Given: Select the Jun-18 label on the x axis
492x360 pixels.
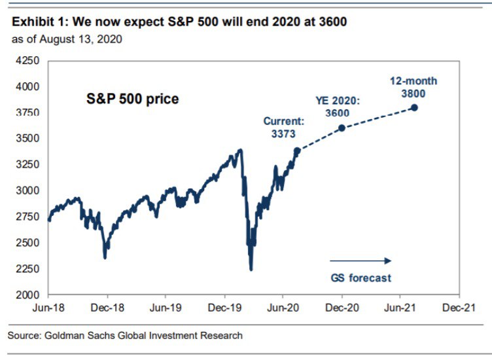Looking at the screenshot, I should (48, 307).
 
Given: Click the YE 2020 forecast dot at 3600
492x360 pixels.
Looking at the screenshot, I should (342, 128).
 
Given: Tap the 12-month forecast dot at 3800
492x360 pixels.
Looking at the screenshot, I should (414, 107).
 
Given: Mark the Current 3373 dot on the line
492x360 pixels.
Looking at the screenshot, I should (298, 151).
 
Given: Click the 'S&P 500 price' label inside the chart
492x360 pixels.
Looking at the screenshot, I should (133, 99).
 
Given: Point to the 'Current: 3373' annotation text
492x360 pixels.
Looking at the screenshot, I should (283, 127).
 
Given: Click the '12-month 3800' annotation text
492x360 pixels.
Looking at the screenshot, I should (413, 86).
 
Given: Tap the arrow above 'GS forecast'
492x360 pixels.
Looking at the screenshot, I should (360, 260).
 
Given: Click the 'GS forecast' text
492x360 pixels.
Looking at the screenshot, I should (360, 278).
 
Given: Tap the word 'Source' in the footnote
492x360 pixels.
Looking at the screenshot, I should (24, 336).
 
